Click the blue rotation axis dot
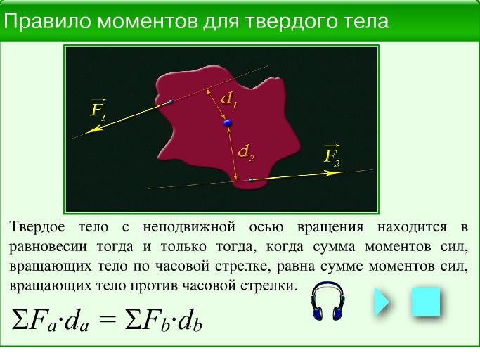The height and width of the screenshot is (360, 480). point(228,123)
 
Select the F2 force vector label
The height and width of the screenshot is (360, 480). point(332,155)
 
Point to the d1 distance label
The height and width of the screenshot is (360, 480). point(228,100)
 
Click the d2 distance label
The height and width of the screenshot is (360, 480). point(247,153)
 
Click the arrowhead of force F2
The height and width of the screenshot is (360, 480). point(333,173)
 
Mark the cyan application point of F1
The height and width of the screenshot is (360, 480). point(171,101)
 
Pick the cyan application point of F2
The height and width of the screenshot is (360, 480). point(251,179)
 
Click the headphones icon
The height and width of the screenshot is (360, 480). point(327,302)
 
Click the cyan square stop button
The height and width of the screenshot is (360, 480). point(426,302)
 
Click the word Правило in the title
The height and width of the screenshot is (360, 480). point(47,22)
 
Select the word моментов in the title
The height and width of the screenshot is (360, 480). point(148,22)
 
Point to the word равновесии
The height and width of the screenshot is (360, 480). point(48,247)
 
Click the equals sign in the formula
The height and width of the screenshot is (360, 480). point(108,319)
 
